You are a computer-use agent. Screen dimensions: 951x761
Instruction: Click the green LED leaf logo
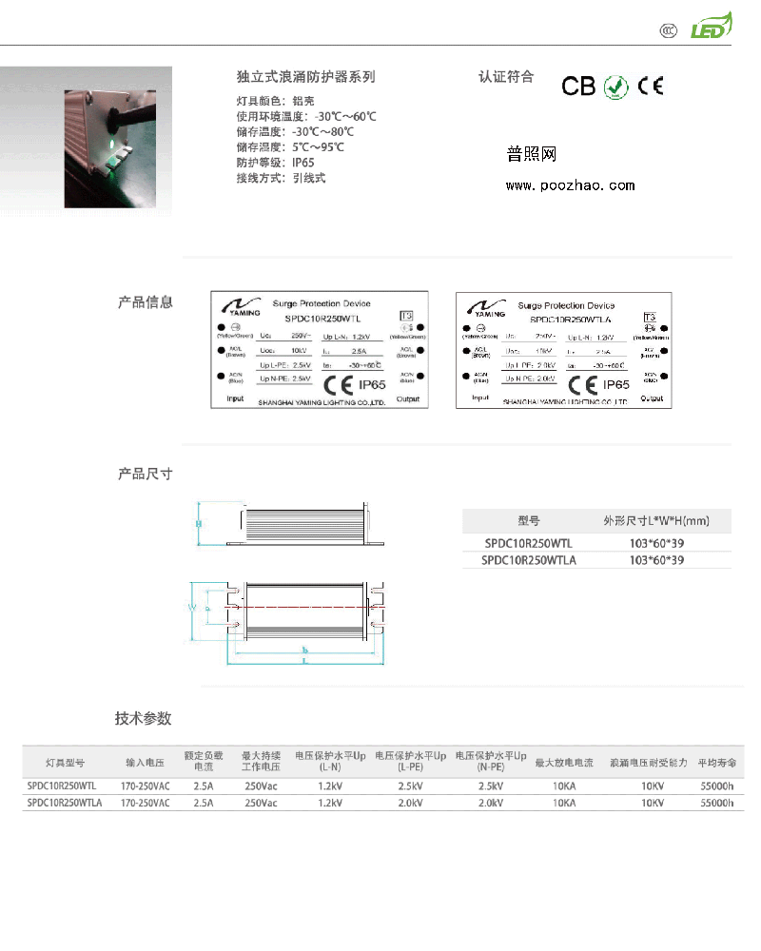pos(711,28)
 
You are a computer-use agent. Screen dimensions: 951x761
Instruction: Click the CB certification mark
pos(577,87)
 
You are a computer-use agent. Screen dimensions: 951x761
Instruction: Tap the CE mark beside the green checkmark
pos(651,86)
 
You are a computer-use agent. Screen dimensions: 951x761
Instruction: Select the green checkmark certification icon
pos(616,86)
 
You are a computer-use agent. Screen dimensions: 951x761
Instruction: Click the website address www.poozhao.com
pos(570,185)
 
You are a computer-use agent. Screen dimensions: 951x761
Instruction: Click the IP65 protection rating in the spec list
pos(302,163)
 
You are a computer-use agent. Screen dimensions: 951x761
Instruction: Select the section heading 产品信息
pos(145,302)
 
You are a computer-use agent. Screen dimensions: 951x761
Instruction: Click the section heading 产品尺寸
pos(145,474)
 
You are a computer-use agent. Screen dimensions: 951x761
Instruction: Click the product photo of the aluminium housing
pos(107,147)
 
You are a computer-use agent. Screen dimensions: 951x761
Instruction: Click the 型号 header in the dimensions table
pos(529,521)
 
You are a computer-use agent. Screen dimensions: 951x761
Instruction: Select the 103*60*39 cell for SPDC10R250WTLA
pos(656,560)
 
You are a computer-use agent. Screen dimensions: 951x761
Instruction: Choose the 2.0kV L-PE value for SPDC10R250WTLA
pos(410,803)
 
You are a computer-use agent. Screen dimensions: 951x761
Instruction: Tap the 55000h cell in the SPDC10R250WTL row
pos(716,786)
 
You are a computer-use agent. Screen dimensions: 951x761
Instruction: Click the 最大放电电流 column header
pos(564,763)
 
